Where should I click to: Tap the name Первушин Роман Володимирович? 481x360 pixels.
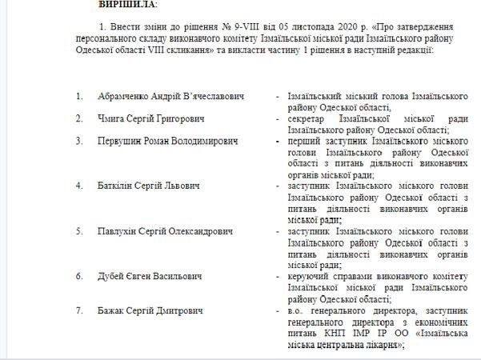click(168, 141)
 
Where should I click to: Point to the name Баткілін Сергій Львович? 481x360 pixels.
click(149, 186)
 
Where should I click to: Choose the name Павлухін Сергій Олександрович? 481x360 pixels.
click(167, 231)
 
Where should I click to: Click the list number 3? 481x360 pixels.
click(79, 141)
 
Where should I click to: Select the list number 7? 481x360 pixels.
click(79, 310)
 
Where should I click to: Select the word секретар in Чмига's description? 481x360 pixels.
click(305, 118)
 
